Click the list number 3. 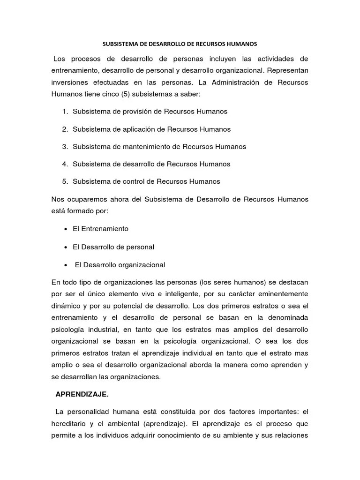coord(65,146)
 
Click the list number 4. coord(65,164)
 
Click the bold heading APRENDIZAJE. coord(82,395)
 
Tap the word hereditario coord(71,423)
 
